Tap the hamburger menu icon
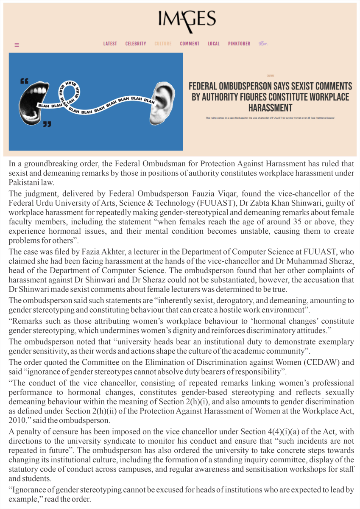coord(17,45)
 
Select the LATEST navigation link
coord(110,44)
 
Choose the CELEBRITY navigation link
coord(136,44)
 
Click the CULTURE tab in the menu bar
coord(163,44)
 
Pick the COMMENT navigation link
coord(190,44)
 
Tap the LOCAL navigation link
coord(214,44)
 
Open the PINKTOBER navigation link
coord(239,44)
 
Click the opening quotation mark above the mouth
coord(24,81)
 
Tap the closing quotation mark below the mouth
coord(47,124)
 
